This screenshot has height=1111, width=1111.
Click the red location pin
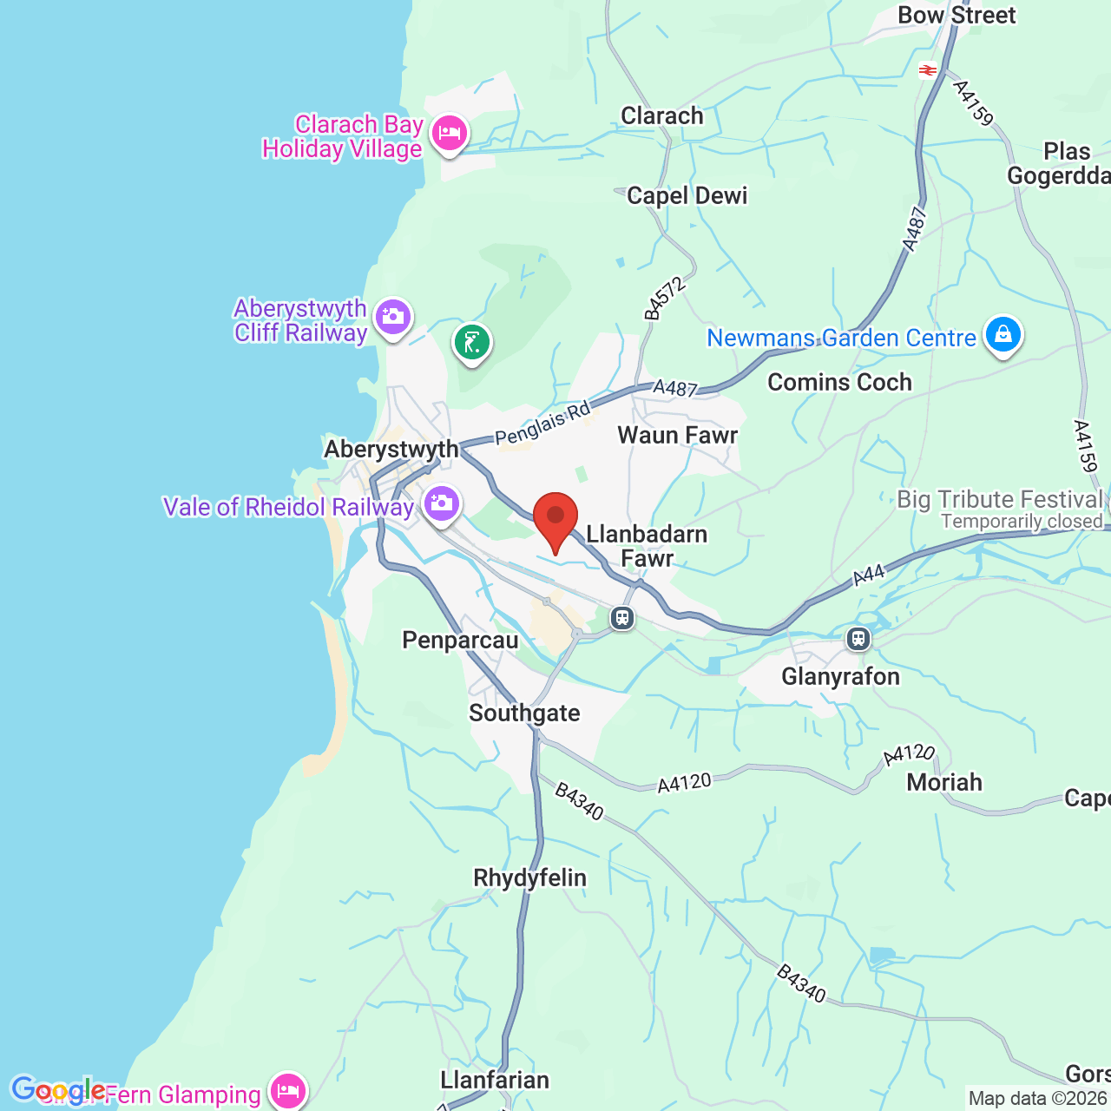point(555,518)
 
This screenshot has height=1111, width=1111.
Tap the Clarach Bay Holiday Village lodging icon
point(449,134)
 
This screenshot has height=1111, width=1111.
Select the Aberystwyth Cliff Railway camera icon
point(393,317)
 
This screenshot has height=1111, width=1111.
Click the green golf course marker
point(472,343)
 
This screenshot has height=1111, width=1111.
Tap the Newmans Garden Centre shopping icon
point(1003,334)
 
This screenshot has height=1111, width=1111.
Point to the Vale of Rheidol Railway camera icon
point(441,503)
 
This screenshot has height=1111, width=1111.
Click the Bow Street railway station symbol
point(929,70)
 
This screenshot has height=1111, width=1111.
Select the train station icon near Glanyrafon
point(858,640)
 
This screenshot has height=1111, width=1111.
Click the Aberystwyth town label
point(391,450)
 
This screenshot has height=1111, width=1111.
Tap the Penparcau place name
point(460,641)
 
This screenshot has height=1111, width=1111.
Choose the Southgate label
point(524,713)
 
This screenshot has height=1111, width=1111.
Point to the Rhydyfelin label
point(529,878)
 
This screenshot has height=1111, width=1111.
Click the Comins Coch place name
point(839,383)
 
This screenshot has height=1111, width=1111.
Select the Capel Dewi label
point(687,196)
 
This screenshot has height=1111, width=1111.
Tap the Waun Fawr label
point(677,436)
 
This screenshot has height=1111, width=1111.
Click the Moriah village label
point(944,783)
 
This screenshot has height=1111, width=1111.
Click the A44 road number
point(869,575)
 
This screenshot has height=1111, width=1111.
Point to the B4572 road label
point(666,299)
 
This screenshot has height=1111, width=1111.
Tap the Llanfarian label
point(495,1081)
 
